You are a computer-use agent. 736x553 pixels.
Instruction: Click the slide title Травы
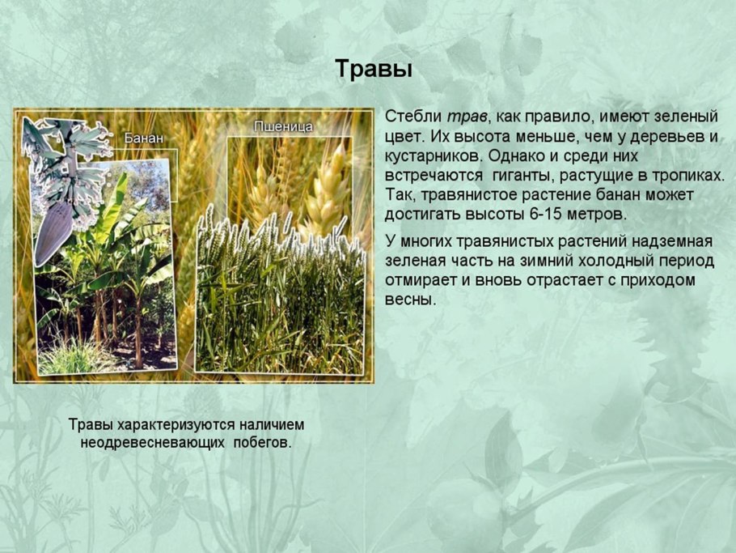374,70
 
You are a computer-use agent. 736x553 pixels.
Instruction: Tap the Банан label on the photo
144,138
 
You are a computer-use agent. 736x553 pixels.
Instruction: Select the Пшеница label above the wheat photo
283,127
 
